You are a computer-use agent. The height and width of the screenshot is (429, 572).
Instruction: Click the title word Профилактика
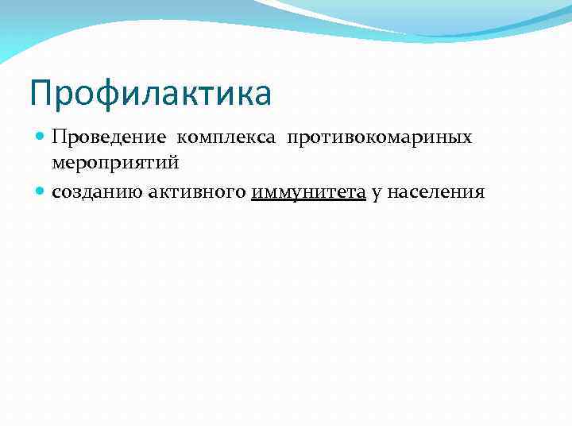click(150, 93)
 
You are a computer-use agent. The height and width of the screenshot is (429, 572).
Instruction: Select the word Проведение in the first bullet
click(109, 137)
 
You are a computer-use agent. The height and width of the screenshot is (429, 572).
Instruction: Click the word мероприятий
click(115, 163)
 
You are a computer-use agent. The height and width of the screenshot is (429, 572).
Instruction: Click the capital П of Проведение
click(58, 137)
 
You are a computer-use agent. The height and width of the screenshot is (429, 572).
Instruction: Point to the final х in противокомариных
click(467, 138)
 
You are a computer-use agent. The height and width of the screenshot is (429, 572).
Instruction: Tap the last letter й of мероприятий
click(175, 163)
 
